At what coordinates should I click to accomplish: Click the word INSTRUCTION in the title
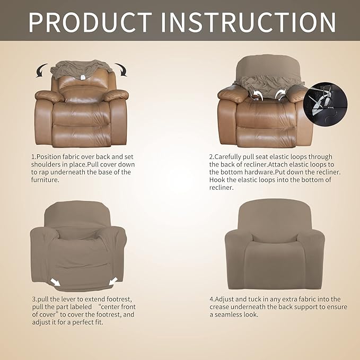pyautogui.click(x=250, y=22)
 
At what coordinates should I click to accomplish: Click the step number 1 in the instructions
pyautogui.click(x=32, y=157)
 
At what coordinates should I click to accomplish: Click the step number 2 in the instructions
pyautogui.click(x=211, y=157)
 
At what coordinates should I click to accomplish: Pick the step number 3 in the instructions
pyautogui.click(x=32, y=300)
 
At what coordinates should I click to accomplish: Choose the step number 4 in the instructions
pyautogui.click(x=211, y=300)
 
